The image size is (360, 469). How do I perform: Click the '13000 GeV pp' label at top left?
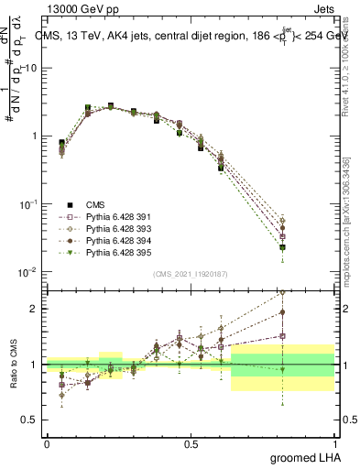(x=77, y=7)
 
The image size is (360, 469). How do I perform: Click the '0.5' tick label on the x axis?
(x=191, y=443)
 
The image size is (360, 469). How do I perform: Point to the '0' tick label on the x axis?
(x=47, y=443)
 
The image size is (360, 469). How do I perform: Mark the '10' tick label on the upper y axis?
(x=30, y=69)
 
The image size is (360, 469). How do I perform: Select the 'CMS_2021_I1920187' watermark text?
(x=191, y=274)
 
